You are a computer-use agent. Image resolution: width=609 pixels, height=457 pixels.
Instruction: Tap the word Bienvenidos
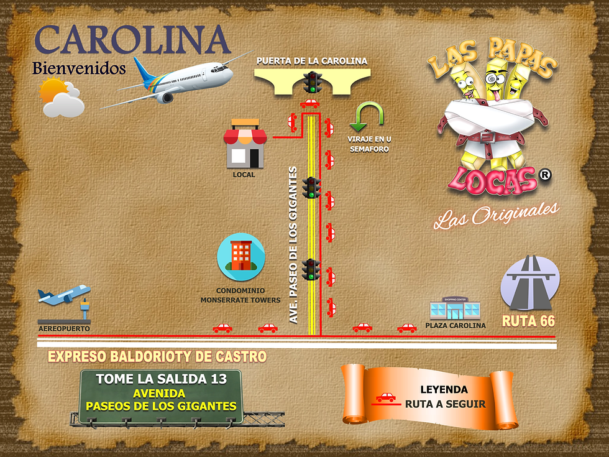tap(79, 68)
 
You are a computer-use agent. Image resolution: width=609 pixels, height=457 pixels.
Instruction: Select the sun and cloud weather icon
tap(61, 98)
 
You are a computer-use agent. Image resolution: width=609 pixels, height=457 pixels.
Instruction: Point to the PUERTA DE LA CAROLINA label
tap(312, 60)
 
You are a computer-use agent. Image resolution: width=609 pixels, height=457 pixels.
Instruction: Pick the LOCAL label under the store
tap(244, 175)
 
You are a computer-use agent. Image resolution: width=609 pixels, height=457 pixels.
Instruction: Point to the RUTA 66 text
tap(528, 321)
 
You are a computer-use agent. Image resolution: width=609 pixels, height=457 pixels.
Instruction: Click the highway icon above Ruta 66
tap(530, 283)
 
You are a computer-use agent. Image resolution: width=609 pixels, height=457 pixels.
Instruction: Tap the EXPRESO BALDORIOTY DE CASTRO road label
tap(157, 357)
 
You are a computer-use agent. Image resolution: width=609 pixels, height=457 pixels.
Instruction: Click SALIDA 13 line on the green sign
tap(160, 378)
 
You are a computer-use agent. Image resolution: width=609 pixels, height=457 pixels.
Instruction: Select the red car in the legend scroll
tap(386, 397)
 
